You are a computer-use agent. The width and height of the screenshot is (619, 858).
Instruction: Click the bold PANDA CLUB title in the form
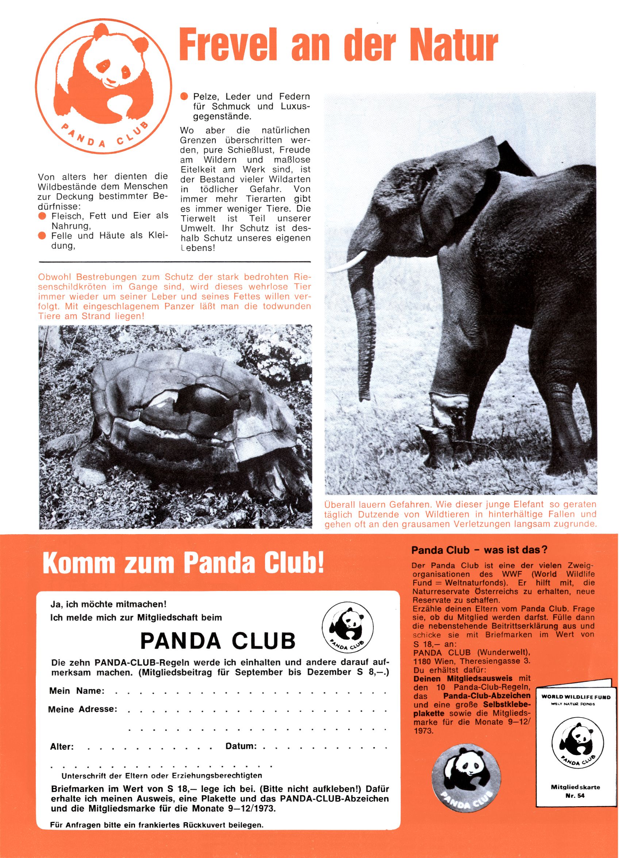pyautogui.click(x=217, y=641)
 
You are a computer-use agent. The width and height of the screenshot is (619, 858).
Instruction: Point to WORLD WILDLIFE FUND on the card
pyautogui.click(x=576, y=697)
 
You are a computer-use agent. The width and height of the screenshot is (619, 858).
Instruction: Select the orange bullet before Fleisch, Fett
pyautogui.click(x=42, y=216)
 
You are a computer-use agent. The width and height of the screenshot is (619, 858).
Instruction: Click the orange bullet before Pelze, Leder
pyautogui.click(x=184, y=96)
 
